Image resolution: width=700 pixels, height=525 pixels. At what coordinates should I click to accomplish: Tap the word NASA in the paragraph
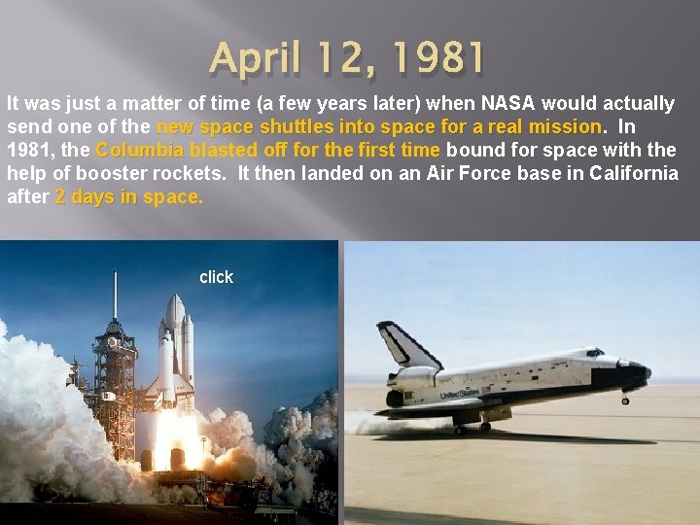508,104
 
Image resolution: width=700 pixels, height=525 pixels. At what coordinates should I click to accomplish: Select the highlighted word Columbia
140,151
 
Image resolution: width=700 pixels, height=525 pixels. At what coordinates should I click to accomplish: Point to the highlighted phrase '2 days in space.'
129,197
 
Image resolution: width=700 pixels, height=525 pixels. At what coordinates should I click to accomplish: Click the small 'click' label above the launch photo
216,277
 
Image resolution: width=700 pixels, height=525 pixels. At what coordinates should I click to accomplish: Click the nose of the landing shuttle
644,371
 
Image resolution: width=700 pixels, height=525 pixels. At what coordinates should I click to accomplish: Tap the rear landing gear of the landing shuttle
483,423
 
